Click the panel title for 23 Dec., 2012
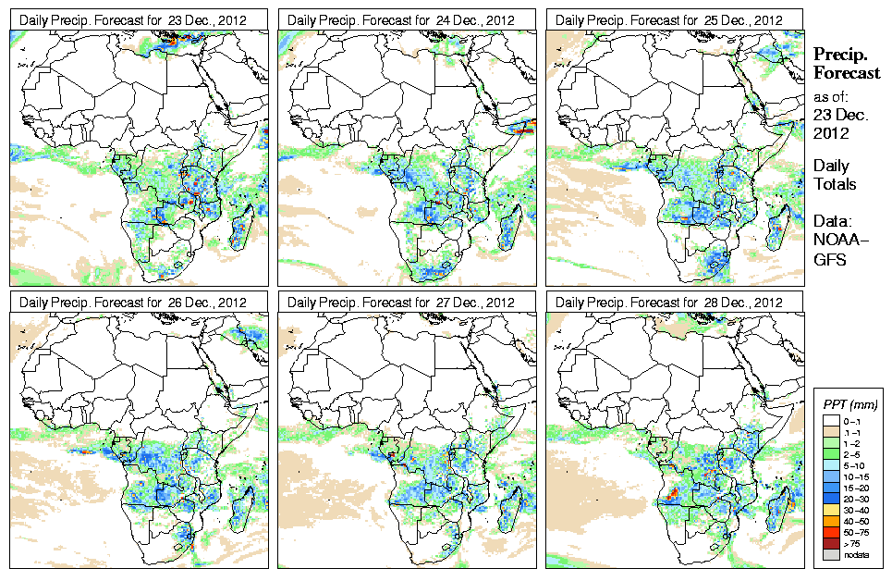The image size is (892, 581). (133, 19)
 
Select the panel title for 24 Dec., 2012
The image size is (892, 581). (401, 19)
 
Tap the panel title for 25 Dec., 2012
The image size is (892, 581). (669, 19)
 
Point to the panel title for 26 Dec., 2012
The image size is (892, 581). (133, 302)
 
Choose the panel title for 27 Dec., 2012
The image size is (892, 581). (401, 302)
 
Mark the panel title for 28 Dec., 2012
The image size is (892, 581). (669, 302)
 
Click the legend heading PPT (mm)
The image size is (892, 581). (849, 404)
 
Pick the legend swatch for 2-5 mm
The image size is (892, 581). (827, 455)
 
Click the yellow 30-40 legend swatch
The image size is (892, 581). (827, 509)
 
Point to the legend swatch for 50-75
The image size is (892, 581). (827, 532)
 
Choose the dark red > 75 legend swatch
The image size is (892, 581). (827, 543)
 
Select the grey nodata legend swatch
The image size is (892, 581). (827, 555)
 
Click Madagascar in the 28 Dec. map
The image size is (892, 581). (784, 505)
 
